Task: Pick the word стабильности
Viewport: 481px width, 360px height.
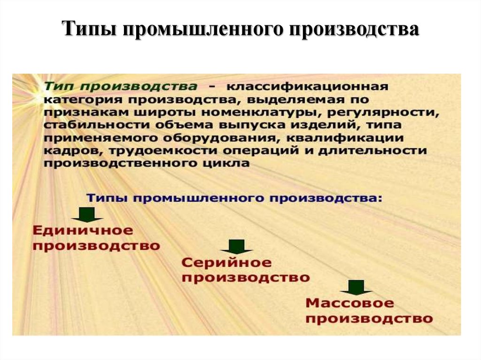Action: click(97, 125)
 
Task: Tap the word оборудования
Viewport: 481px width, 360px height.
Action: click(220, 138)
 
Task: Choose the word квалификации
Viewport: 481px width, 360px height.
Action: click(345, 138)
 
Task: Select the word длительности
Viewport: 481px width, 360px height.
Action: click(372, 151)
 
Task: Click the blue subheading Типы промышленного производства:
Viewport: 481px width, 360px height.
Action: click(235, 199)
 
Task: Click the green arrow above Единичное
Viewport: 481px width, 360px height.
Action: click(87, 214)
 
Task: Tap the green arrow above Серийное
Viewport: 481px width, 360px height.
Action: click(237, 246)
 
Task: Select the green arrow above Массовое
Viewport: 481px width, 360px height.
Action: click(356, 287)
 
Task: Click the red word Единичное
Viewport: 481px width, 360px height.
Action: click(83, 230)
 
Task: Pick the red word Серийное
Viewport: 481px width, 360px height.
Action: click(227, 263)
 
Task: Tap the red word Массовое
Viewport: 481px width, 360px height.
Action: click(349, 303)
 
